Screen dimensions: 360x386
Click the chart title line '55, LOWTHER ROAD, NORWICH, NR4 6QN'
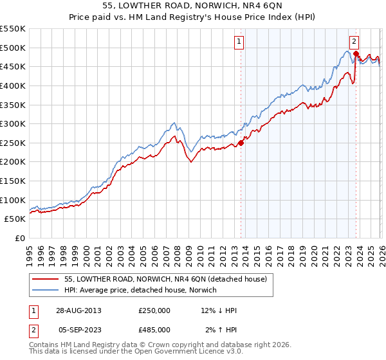tap(193, 5)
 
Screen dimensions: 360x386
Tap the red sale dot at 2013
tap(241, 143)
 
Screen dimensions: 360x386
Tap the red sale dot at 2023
tap(356, 53)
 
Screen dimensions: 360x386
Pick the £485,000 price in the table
tap(154, 330)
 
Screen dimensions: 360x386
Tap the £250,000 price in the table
tap(154, 310)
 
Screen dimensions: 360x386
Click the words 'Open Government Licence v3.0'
tap(187, 353)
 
